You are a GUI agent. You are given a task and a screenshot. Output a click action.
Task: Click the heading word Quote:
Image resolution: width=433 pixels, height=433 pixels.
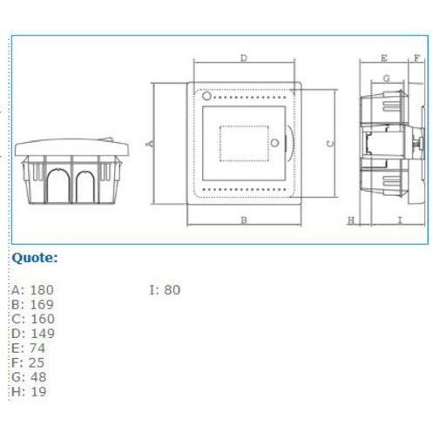pyautogui.click(x=35, y=258)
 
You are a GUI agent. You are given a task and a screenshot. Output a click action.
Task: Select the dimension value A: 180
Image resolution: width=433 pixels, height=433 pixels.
pyautogui.click(x=33, y=290)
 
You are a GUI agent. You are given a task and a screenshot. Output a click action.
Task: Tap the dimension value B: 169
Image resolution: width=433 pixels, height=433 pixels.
pyautogui.click(x=33, y=304)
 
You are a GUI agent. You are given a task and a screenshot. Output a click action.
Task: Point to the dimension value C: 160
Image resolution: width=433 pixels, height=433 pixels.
pyautogui.click(x=33, y=319)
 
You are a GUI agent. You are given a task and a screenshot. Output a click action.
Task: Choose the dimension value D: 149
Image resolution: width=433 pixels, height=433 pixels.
pyautogui.click(x=33, y=334)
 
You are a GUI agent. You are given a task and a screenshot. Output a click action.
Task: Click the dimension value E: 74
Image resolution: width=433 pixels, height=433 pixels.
pyautogui.click(x=29, y=348)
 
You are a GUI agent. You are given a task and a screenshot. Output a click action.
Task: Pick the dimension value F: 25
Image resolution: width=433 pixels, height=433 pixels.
pyautogui.click(x=28, y=362)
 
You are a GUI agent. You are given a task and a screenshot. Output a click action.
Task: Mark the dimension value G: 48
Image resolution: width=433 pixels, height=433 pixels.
pyautogui.click(x=29, y=377)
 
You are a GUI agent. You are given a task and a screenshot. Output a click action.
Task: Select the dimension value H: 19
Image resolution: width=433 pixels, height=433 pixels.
pyautogui.click(x=29, y=391)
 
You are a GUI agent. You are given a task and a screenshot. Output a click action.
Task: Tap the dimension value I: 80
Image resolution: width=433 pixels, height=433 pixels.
pyautogui.click(x=165, y=290)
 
